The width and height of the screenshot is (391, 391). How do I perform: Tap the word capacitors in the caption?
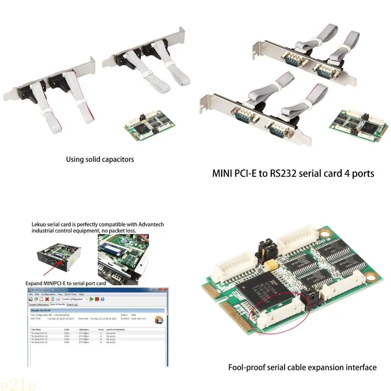116,159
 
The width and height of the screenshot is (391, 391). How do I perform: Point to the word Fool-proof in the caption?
245,368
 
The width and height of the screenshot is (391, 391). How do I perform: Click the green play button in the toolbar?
92,299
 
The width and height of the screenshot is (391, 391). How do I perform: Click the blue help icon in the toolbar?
103,299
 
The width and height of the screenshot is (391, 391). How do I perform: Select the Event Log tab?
72,305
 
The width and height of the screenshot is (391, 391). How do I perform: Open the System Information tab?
39,305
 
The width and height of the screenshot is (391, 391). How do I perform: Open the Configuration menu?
48,294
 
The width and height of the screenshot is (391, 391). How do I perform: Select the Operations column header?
84,330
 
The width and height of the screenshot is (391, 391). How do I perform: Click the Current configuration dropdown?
74,299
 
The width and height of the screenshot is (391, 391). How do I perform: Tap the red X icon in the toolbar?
47,299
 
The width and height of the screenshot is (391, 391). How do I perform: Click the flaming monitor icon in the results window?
159,320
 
